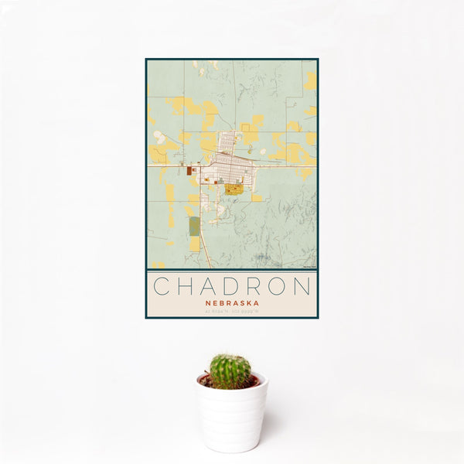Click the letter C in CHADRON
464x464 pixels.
[160, 286]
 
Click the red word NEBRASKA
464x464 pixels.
[231, 303]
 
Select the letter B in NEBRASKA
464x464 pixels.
[220, 303]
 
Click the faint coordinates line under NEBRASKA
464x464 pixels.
[231, 311]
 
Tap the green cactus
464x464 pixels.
[230, 371]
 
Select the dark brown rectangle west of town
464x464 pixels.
[189, 169]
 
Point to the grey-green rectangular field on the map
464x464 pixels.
[194, 227]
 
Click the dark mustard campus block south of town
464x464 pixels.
[234, 188]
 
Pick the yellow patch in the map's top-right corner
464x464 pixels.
[310, 80]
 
